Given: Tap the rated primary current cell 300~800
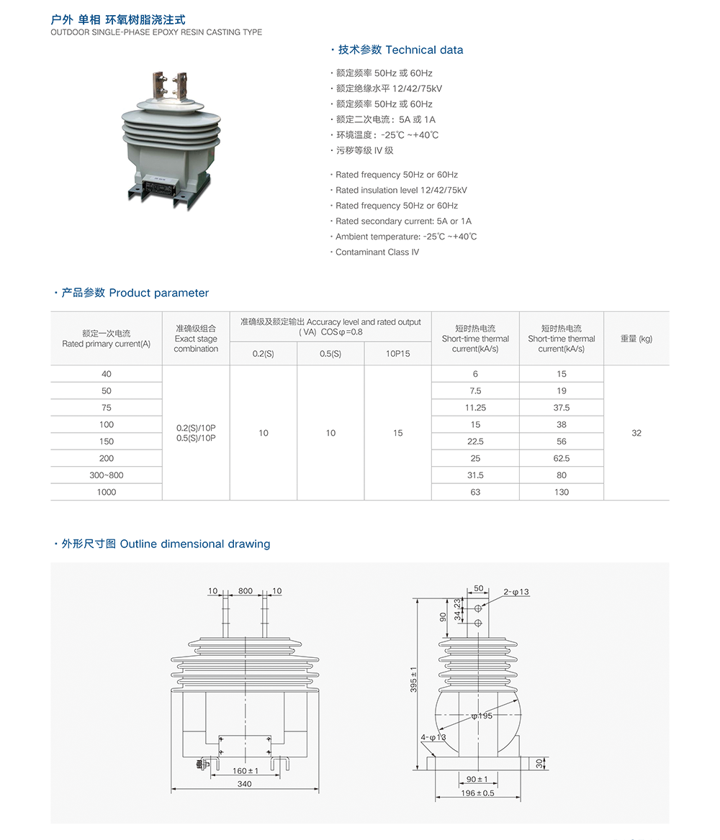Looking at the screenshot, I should click(107, 475).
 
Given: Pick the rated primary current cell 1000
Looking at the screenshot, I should click(107, 492).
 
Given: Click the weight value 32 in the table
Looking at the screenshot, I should click(636, 433).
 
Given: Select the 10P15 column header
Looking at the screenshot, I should click(397, 354).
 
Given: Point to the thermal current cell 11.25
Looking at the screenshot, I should click(475, 408).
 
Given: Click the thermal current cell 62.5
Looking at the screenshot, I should click(562, 458).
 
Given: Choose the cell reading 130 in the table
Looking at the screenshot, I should click(562, 492).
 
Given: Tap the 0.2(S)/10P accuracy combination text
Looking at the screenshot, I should click(196, 428).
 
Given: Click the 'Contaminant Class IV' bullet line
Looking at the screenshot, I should click(377, 252).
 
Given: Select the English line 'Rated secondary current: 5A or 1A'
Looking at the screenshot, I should click(403, 222).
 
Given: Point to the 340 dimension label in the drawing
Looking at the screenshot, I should click(245, 784).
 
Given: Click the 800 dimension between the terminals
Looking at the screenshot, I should click(246, 591).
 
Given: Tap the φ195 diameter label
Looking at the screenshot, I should click(482, 716).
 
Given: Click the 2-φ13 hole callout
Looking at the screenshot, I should click(516, 592).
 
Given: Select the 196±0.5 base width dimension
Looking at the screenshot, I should click(477, 793).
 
